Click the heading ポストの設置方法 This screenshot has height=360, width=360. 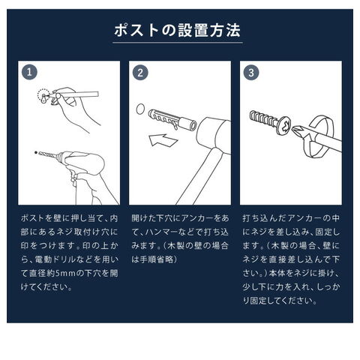click(177, 31)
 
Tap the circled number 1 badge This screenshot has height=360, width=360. click(29, 73)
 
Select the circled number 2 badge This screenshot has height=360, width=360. click(140, 73)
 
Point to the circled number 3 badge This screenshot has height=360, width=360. click(251, 73)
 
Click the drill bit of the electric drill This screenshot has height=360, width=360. click(48, 155)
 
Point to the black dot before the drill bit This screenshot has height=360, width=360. click(36, 152)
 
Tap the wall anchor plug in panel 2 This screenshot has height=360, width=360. click(172, 120)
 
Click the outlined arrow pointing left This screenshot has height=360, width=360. click(163, 140)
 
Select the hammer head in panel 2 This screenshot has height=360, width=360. click(214, 136)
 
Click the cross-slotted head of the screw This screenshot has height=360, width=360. click(285, 125)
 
